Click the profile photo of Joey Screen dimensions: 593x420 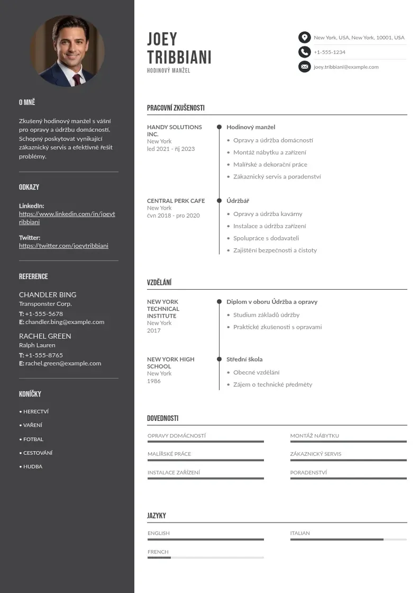tap(67, 51)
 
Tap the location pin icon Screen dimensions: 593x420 tap(304, 38)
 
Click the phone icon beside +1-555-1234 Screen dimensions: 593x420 tap(304, 52)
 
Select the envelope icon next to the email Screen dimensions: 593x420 tap(304, 67)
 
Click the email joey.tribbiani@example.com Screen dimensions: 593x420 tap(346, 67)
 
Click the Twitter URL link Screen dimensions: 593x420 tap(63, 246)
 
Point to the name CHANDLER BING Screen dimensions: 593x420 tap(48, 294)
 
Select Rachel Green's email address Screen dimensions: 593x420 tap(63, 363)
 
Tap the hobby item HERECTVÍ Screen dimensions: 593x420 tap(36, 411)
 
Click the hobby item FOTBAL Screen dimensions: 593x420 tap(33, 439)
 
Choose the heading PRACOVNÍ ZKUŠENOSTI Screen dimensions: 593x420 tap(176, 108)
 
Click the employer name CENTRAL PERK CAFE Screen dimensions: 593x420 tap(176, 201)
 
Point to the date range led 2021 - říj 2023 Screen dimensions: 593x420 tap(171, 149)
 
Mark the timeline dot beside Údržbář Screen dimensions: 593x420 tap(219, 201)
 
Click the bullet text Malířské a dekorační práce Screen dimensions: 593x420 tap(270, 165)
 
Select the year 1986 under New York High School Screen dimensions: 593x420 tap(154, 381)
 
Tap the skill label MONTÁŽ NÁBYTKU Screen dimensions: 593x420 tap(314, 436)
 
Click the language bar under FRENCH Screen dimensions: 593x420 tap(205, 558)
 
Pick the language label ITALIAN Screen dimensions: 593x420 tap(300, 533)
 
